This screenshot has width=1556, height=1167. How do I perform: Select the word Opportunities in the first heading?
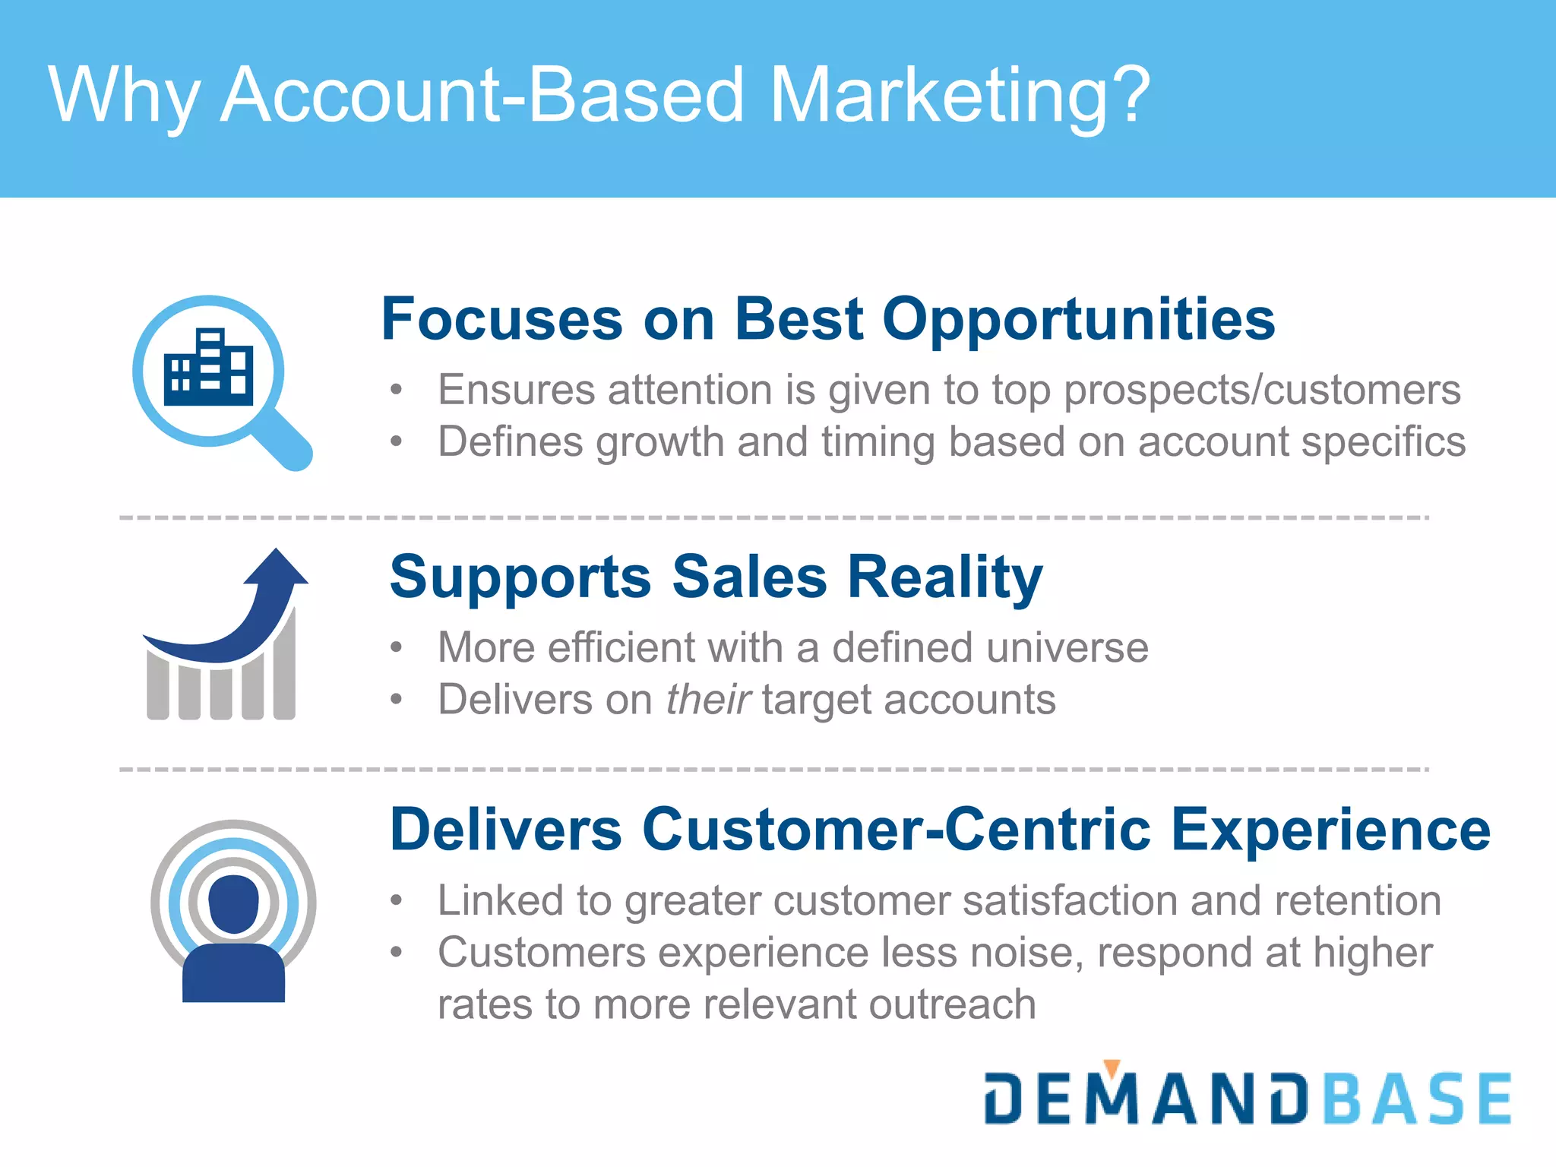point(1079,319)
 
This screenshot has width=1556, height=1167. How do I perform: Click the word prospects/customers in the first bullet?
point(1262,391)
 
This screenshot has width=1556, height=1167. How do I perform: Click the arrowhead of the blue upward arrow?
point(277,567)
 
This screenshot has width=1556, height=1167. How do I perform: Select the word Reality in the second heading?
point(945,577)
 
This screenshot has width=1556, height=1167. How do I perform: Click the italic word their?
point(708,699)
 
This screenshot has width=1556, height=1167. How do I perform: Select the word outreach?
point(953,1004)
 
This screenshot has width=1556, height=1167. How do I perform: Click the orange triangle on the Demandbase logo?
point(1112,1068)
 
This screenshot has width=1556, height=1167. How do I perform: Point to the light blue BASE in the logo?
point(1418,1099)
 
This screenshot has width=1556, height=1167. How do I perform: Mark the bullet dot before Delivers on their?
point(395,699)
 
